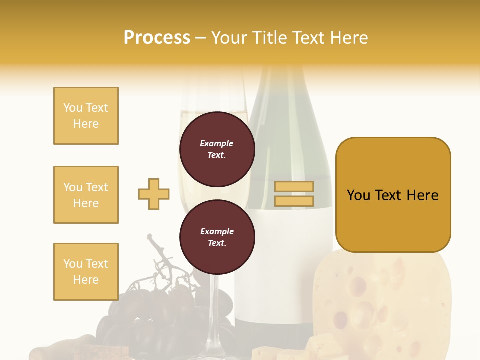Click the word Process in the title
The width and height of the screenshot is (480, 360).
tap(157, 38)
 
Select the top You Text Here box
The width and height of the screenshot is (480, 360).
tap(86, 116)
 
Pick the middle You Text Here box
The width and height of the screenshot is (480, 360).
tap(86, 195)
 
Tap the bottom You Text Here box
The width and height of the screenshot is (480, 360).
tap(86, 272)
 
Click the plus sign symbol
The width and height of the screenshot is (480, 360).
tap(154, 194)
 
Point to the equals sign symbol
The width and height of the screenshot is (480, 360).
tap(294, 194)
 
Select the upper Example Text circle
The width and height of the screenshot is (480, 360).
tap(217, 149)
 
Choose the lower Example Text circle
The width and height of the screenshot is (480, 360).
tap(217, 237)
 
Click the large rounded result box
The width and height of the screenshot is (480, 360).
tap(393, 195)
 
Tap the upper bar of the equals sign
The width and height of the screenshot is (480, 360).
tap(294, 187)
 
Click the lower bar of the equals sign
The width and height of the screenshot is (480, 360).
tap(294, 201)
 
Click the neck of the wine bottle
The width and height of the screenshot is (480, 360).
tap(272, 85)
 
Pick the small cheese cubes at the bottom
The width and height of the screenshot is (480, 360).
tap(280, 350)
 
